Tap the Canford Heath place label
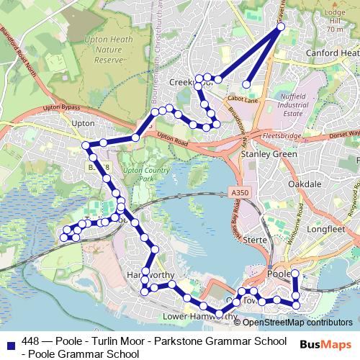(332, 53)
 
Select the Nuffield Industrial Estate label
(294, 104)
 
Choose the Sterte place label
(256, 239)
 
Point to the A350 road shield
(240, 193)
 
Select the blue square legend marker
(9, 341)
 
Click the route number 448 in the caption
(31, 341)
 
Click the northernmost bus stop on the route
(281, 27)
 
